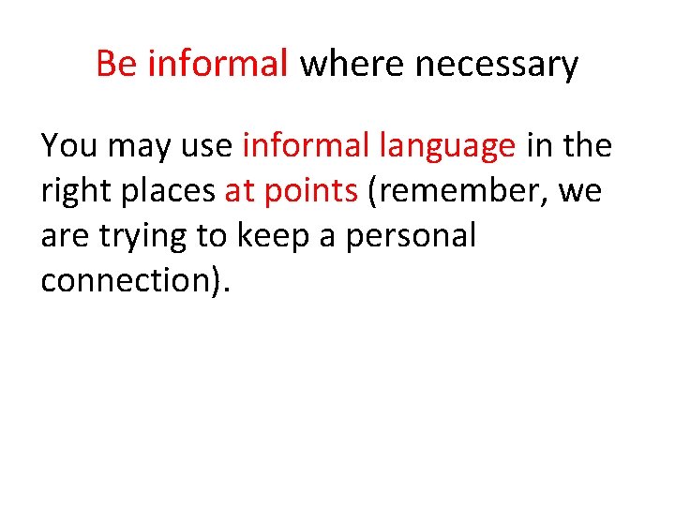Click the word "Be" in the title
[x=117, y=65]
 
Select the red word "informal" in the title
[x=218, y=65]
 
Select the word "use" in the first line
[x=211, y=147]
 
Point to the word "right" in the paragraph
[x=78, y=192]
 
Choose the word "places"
[x=171, y=192]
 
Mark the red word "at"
[x=241, y=191]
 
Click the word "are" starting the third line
[x=63, y=237]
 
